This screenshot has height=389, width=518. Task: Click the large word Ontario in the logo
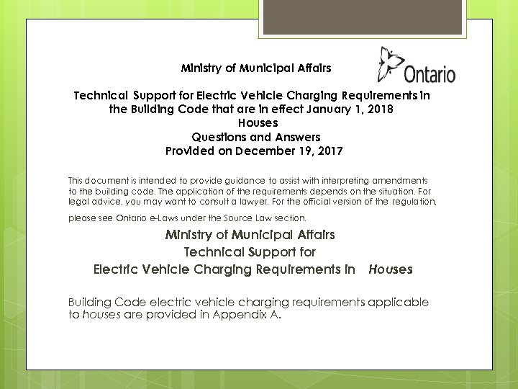(430, 73)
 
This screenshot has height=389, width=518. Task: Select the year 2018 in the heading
(380, 109)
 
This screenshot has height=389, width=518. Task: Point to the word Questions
(219, 137)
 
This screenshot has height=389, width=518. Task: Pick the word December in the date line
(267, 151)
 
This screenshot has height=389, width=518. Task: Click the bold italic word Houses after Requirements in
(390, 269)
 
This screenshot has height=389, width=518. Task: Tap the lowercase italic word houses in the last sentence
(100, 315)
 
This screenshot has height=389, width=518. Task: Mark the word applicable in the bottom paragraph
(398, 303)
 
